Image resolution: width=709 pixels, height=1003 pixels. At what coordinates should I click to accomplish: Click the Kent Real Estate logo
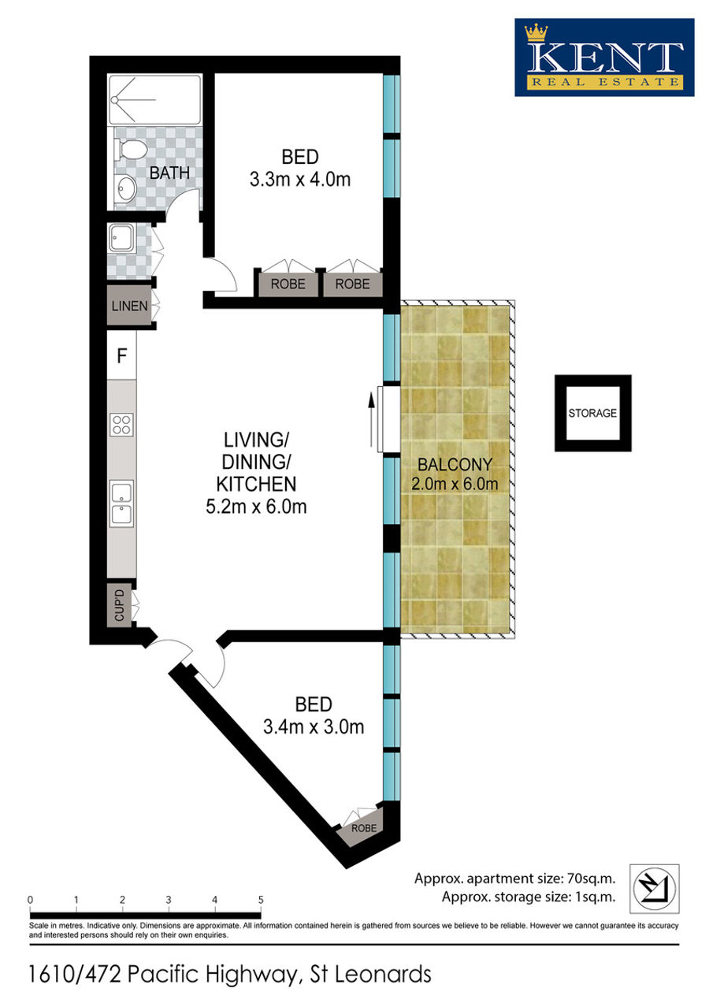(x=603, y=58)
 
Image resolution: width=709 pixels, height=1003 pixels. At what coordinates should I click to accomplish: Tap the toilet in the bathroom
(x=129, y=149)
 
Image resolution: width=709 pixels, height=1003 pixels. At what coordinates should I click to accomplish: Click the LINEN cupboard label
(x=129, y=306)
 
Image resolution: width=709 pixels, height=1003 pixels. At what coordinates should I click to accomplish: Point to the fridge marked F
(x=122, y=355)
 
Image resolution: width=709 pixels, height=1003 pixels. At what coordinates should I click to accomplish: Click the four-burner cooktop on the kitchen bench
(x=122, y=425)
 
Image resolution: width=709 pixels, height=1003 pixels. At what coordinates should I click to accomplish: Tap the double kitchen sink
(x=122, y=503)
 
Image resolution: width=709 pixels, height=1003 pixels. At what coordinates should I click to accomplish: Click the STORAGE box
(x=592, y=413)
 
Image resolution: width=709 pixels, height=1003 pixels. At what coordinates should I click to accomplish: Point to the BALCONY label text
(x=455, y=464)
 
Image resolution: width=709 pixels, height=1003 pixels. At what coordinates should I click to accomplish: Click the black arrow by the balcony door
(x=370, y=420)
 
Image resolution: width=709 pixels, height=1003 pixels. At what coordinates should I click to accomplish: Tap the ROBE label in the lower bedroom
(x=363, y=828)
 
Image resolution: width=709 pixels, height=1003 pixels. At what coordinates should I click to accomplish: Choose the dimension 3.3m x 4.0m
(x=300, y=180)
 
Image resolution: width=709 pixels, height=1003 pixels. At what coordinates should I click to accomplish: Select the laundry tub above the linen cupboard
(x=122, y=237)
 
